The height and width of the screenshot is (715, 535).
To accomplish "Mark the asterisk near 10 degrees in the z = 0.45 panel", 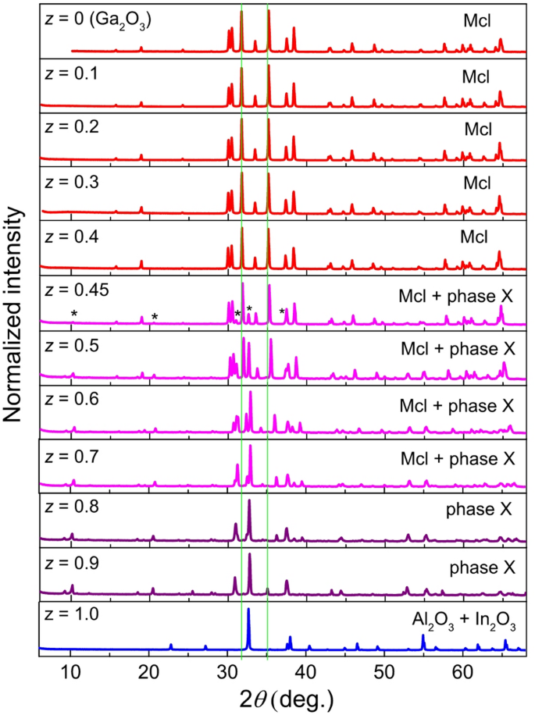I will coord(73,315).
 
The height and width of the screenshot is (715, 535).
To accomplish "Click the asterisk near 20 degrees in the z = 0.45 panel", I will coord(155,317).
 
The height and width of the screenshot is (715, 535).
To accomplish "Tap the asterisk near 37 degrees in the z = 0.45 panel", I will coord(282,313).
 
